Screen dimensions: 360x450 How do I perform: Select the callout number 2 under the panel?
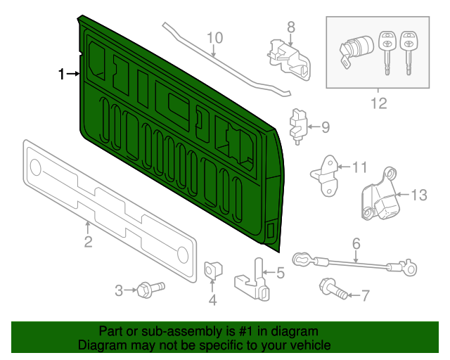pyautogui.click(x=88, y=243)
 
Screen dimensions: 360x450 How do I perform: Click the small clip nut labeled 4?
pyautogui.click(x=210, y=269)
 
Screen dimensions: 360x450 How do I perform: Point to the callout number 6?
pyautogui.click(x=356, y=244)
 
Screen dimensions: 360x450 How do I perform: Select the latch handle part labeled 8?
pyautogui.click(x=289, y=57)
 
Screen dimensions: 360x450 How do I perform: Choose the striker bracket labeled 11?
pyautogui.click(x=325, y=174)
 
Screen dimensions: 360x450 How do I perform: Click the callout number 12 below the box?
pyautogui.click(x=379, y=105)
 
